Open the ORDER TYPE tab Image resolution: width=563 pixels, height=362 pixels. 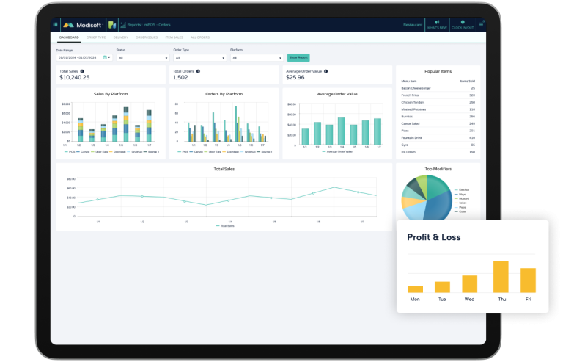pos(97,37)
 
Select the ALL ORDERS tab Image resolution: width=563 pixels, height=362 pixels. pos(199,37)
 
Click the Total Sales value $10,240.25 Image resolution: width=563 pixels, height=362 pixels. pos(75,77)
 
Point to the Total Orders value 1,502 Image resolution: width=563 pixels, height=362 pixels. pos(180,77)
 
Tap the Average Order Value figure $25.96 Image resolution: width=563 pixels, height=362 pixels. pos(296,77)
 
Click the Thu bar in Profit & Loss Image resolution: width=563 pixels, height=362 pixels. pos(501,277)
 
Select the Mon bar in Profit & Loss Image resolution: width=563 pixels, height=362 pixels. pos(415,289)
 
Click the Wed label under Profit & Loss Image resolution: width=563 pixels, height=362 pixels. pos(470,300)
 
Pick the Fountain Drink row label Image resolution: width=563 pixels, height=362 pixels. pos(412,137)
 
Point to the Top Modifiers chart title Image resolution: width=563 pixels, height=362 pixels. pos(438,169)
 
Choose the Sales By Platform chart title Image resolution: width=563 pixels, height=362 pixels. pos(111,94)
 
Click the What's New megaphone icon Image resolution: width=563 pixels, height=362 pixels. pos(437,22)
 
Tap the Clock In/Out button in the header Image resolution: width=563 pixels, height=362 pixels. pos(461,24)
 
